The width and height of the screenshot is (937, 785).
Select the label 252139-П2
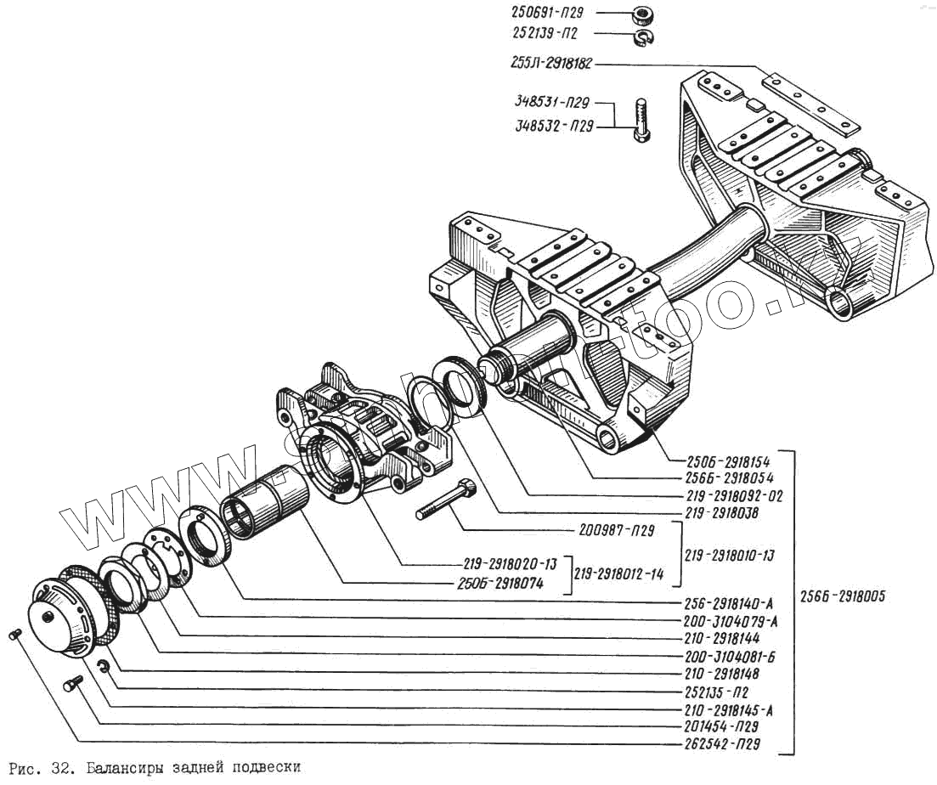click(547, 34)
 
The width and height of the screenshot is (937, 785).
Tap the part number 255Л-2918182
click(552, 65)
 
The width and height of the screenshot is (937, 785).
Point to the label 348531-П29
click(551, 103)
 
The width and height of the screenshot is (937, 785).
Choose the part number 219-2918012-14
click(619, 574)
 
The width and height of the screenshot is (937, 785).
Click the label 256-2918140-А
click(730, 603)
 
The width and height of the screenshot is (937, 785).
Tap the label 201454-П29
click(721, 726)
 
